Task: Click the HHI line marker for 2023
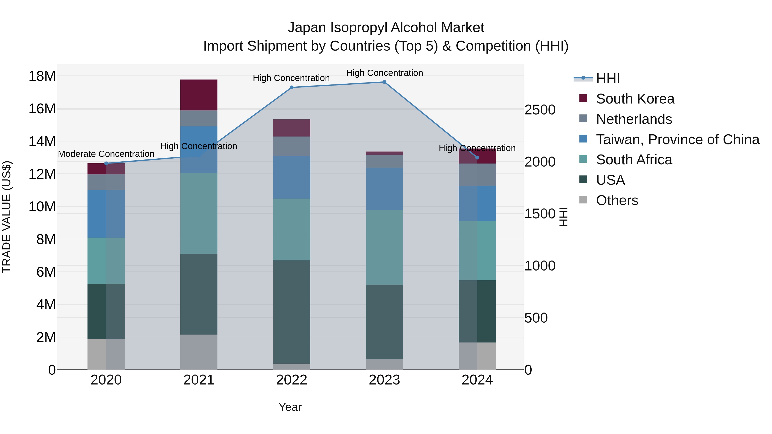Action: coord(384,82)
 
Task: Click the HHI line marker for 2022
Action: coord(292,87)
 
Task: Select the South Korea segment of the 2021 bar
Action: coord(199,95)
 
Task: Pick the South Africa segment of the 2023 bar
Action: coord(384,247)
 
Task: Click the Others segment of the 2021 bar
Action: coord(199,352)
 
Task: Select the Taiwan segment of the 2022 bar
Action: coord(292,177)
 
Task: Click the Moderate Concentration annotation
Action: coord(106,154)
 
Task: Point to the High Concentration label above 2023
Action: coord(384,73)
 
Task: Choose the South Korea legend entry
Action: coord(635,99)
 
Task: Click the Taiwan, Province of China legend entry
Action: coord(677,140)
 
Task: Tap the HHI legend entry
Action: coord(608,78)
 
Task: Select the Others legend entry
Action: coord(617,200)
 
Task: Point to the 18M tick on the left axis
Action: coord(42,76)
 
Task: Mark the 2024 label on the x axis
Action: coord(477,380)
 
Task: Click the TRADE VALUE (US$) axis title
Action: coord(7,217)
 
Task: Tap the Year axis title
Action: coord(290,407)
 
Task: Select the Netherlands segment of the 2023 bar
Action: coord(384,161)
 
